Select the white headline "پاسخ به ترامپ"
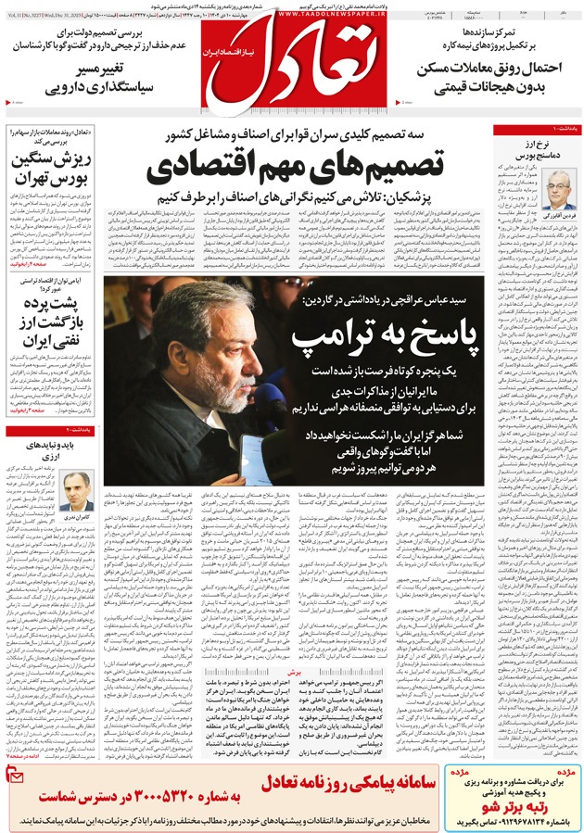pos(392,332)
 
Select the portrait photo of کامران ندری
pos(80,486)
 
